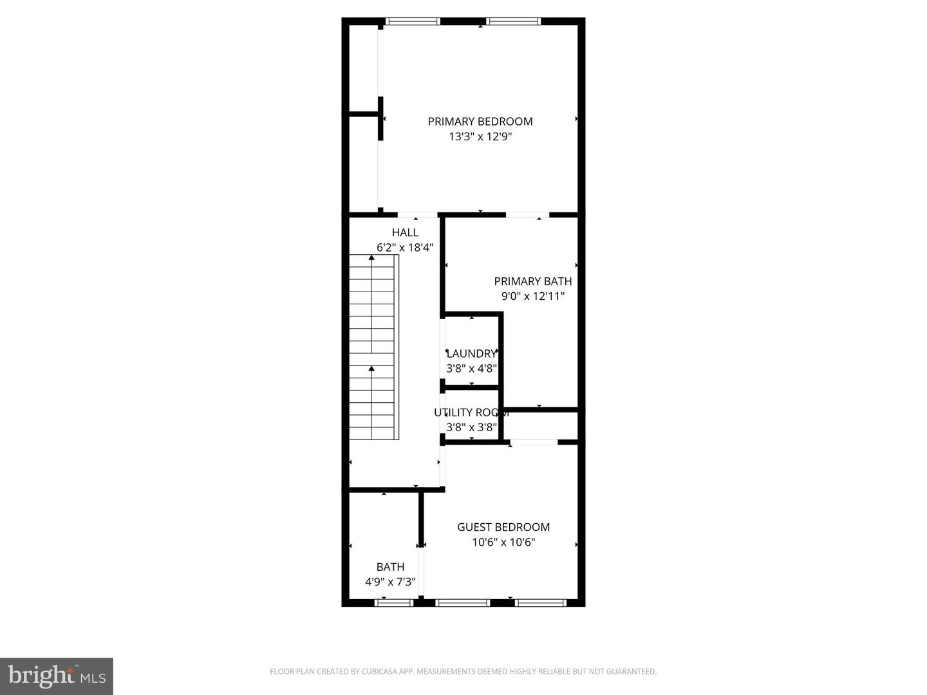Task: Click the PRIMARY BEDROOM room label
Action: pos(480,122)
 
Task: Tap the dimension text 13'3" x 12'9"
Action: pos(480,136)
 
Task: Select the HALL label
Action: pos(405,232)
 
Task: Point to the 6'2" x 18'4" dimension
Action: pos(405,248)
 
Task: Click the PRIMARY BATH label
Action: pos(533,281)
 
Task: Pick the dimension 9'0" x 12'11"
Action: pos(533,296)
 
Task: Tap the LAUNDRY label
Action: pos(472,354)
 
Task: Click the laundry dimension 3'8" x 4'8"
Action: pos(472,369)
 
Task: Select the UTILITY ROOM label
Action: pos(472,412)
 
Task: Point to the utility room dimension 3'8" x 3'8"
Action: pos(472,427)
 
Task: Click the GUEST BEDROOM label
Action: pos(503,527)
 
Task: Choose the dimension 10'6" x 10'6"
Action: pos(503,542)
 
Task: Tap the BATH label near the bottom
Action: pos(391,567)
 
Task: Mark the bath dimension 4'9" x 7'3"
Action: pos(391,582)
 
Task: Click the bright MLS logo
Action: pos(57,676)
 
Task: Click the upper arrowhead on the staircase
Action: pos(371,257)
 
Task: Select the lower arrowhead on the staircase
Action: pos(371,368)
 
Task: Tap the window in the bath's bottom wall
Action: pos(394,603)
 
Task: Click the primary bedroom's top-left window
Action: pos(413,21)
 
